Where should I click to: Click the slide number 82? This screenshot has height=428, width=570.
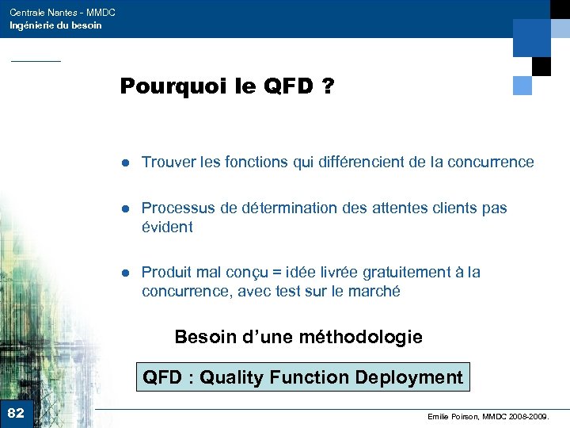(x=16, y=413)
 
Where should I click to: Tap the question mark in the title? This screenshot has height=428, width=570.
(x=326, y=86)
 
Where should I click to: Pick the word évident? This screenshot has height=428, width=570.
(x=166, y=227)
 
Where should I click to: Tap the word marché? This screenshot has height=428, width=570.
(x=375, y=292)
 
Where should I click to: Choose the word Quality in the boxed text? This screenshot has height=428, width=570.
(x=230, y=378)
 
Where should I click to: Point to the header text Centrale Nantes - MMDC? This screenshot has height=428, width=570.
(x=63, y=13)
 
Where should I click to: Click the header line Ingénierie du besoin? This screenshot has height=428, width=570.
(x=55, y=25)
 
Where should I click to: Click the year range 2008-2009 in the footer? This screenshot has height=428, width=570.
(x=528, y=415)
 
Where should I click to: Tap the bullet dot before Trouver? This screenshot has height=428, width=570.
(x=125, y=162)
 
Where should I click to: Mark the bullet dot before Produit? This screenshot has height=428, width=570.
(x=125, y=273)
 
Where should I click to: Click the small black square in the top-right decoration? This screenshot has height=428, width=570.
(x=541, y=67)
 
